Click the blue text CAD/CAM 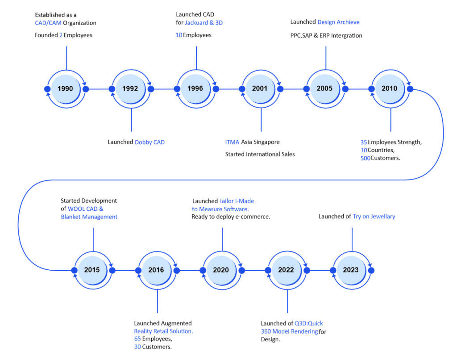(x=48, y=23)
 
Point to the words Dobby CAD (x=150, y=142)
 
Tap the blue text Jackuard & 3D (x=204, y=22)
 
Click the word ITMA (x=232, y=142)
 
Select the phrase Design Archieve (x=338, y=22)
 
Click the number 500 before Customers (x=365, y=158)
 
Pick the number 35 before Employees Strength (x=364, y=142)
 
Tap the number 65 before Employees (x=137, y=339)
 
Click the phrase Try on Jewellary (x=374, y=217)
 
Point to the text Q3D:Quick (x=309, y=323)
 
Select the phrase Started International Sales (x=260, y=155)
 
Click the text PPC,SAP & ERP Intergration (x=326, y=36)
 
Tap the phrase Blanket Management (x=89, y=217)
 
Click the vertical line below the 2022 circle (x=287, y=301)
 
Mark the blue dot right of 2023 (x=371, y=270)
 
